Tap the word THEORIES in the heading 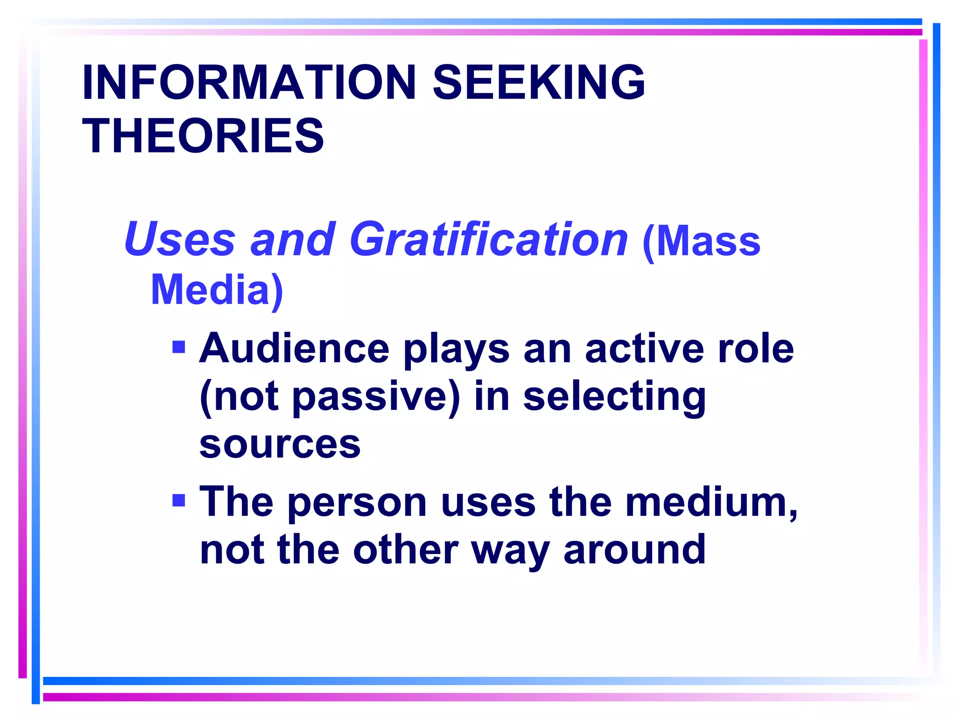tap(203, 136)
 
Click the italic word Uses tap(179, 239)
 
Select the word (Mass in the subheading tap(702, 241)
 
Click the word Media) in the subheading tap(217, 290)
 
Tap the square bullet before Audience tap(179, 347)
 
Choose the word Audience tap(294, 349)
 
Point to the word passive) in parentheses tap(376, 397)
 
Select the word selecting tap(614, 397)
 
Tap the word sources tap(280, 444)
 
